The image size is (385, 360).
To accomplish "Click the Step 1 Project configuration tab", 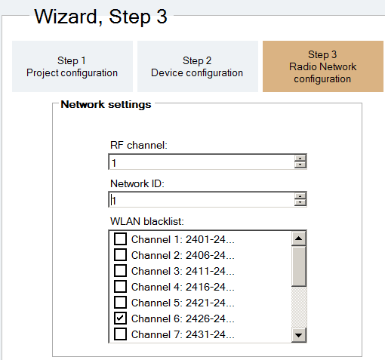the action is [72, 66].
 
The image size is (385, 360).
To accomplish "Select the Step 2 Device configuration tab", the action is [198, 66].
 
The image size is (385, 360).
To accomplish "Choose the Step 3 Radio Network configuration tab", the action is [323, 66].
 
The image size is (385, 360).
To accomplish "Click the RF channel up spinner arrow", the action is [300, 158].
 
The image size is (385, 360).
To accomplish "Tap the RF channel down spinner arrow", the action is [300, 165].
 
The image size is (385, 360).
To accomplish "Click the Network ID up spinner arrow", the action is [300, 196].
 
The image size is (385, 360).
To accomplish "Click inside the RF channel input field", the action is [202, 162].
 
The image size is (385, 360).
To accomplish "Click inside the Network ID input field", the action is [202, 199].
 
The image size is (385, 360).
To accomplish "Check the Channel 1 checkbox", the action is [120, 238].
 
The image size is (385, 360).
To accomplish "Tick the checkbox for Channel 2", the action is [120, 254].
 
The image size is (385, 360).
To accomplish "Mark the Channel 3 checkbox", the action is [120, 270].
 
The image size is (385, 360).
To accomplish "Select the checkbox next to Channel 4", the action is [120, 286].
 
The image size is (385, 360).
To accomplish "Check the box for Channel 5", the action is [120, 302].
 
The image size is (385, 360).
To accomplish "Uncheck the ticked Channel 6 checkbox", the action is [120, 318].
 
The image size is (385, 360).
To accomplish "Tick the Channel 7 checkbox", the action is [120, 334].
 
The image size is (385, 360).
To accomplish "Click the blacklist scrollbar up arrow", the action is [299, 238].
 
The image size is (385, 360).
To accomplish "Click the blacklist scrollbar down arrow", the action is [299, 335].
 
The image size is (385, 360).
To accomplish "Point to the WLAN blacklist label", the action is [147, 221].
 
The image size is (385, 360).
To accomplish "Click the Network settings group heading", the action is [106, 104].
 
